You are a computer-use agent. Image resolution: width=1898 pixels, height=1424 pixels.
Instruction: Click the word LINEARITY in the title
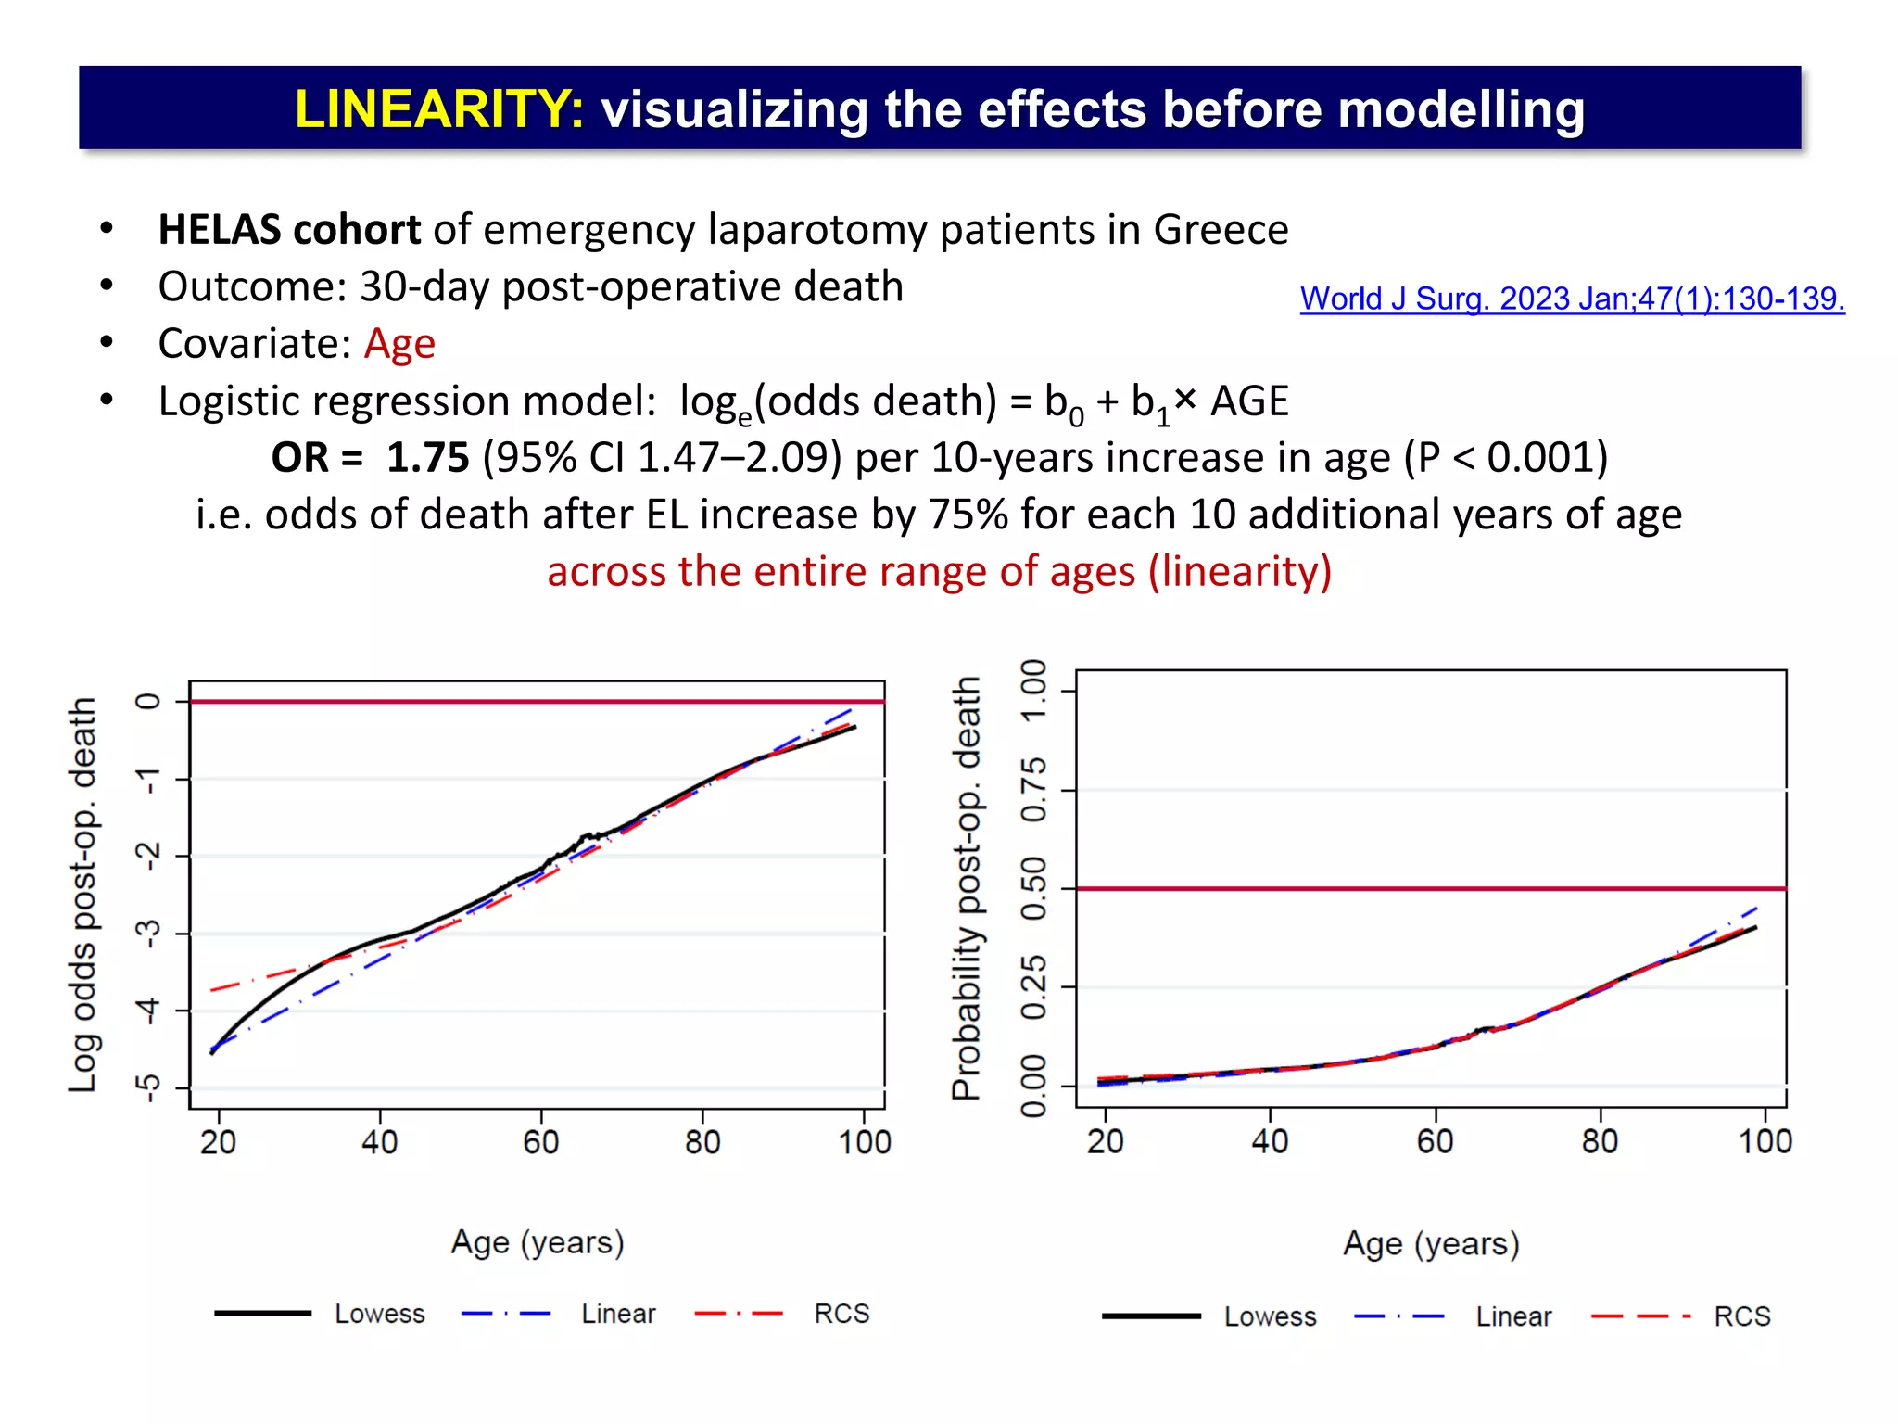[x=438, y=108]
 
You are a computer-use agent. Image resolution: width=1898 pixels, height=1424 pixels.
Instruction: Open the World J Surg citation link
[x=1572, y=299]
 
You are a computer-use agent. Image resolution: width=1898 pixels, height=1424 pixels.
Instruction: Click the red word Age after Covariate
[x=399, y=344]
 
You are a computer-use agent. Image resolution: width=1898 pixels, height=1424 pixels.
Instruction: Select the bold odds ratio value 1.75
[x=427, y=458]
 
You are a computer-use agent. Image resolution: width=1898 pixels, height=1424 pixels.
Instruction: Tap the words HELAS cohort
[x=289, y=230]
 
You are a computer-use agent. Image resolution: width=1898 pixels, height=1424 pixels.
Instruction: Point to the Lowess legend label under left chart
[x=379, y=1314]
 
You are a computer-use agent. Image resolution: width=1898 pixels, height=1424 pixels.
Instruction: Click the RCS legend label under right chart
[x=1741, y=1316]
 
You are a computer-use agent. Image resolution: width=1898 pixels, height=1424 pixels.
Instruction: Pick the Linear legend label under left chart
[x=618, y=1314]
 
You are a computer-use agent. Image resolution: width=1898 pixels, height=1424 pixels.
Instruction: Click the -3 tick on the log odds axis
[x=148, y=933]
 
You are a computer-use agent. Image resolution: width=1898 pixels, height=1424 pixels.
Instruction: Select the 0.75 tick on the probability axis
[x=1033, y=790]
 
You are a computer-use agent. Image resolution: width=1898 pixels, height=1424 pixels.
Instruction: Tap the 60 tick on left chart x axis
[x=540, y=1141]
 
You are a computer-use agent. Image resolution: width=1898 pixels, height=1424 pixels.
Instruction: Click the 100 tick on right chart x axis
[x=1765, y=1140]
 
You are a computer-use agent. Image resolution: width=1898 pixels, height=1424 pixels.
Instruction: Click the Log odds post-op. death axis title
[x=82, y=895]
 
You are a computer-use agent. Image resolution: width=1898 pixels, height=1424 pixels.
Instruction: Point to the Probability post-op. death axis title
[x=967, y=888]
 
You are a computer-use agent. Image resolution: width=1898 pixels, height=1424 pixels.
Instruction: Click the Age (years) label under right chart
[x=1431, y=1243]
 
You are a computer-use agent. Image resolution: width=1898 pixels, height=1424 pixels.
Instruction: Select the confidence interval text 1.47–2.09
[x=739, y=458]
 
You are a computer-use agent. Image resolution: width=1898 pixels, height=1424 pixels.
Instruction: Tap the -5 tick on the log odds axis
[x=148, y=1087]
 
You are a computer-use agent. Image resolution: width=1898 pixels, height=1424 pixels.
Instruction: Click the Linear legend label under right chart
[x=1512, y=1316]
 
